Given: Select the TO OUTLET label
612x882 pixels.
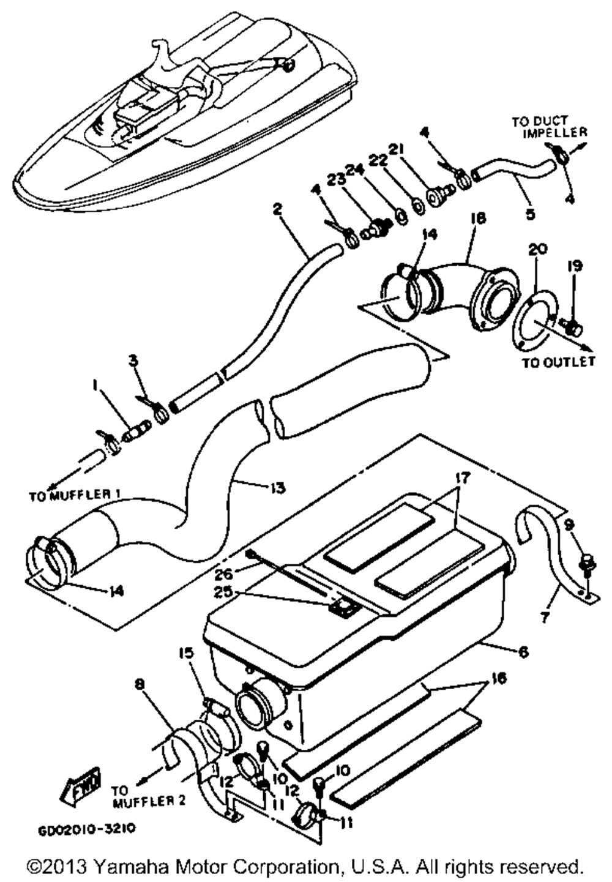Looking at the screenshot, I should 558,362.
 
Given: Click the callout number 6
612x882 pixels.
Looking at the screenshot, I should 523,652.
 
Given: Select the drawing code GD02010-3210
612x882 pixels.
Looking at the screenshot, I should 86,829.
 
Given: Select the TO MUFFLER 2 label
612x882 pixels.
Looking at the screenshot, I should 147,793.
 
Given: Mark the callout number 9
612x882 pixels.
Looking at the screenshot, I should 568,524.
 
